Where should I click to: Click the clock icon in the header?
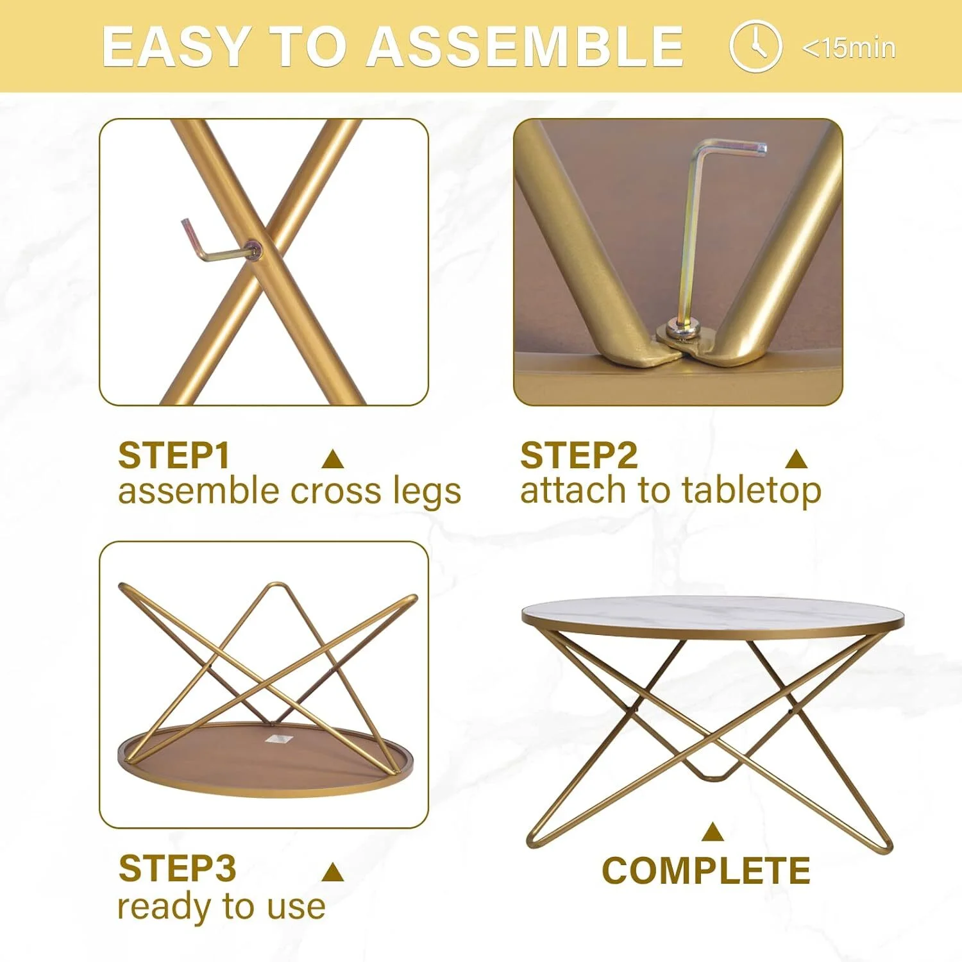[x=755, y=46]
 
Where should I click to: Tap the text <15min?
[x=848, y=48]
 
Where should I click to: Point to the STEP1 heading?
[x=174, y=455]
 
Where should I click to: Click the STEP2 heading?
[x=578, y=455]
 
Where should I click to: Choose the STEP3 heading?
[x=178, y=868]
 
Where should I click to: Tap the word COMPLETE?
[x=705, y=870]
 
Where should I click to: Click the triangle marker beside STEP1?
[x=333, y=459]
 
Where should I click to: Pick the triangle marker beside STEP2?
[x=797, y=459]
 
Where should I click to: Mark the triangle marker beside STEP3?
[x=333, y=872]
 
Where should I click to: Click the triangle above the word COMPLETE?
[x=713, y=831]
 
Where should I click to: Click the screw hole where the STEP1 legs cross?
[x=256, y=250]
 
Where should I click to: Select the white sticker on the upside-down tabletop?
[x=278, y=738]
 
